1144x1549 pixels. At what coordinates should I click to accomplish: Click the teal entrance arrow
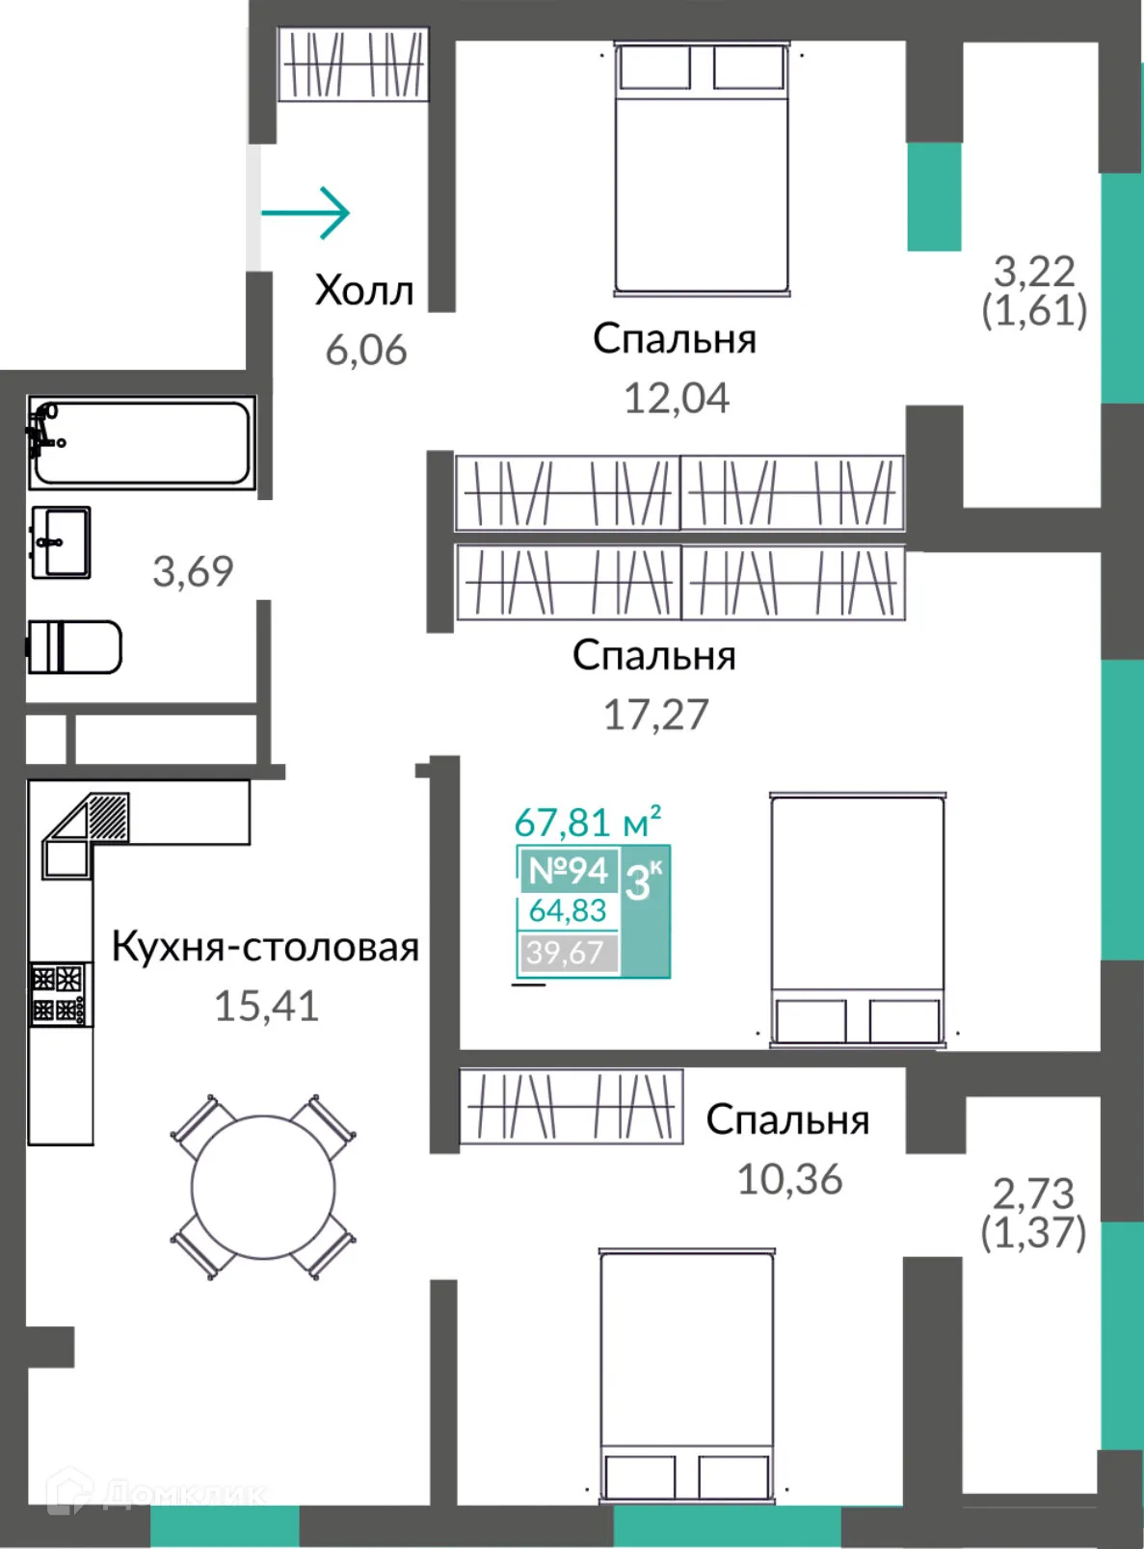[x=306, y=212]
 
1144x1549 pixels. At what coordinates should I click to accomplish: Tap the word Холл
[x=364, y=290]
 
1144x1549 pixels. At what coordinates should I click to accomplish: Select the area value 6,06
[x=365, y=350]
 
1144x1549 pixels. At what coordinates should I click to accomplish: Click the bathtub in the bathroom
[x=143, y=442]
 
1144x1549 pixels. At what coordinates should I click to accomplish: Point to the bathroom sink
[x=61, y=542]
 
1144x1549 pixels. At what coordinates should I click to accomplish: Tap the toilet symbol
[x=74, y=646]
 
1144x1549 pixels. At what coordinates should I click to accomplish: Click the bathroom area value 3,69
[x=193, y=571]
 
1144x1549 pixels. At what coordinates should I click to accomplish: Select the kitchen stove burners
[x=59, y=994]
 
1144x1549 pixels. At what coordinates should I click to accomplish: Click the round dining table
[x=263, y=1187]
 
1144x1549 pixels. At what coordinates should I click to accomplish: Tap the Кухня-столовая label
[x=265, y=946]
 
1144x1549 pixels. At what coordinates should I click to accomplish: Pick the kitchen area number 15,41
[x=266, y=1006]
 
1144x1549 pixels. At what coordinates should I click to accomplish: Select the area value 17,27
[x=655, y=715]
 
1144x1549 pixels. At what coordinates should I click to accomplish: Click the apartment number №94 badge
[x=568, y=870]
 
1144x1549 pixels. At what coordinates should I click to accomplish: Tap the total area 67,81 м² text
[x=587, y=823]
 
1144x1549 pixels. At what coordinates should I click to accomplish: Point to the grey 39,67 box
[x=567, y=953]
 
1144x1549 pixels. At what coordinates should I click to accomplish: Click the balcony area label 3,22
[x=1033, y=272]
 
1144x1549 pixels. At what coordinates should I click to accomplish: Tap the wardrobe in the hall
[x=353, y=65]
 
